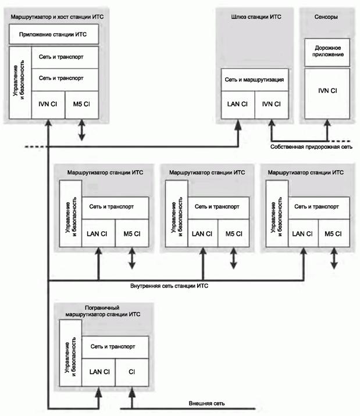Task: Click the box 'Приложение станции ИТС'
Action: [54, 34]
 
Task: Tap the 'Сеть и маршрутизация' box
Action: [252, 79]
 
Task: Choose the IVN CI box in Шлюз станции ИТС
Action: [268, 104]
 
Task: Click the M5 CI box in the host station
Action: [81, 105]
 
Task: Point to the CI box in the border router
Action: [132, 371]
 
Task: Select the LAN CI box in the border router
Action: [99, 371]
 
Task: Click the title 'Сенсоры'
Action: [326, 17]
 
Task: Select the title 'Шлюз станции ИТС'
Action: [252, 17]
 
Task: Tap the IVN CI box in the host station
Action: [48, 105]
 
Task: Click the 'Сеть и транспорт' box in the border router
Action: [115, 346]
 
